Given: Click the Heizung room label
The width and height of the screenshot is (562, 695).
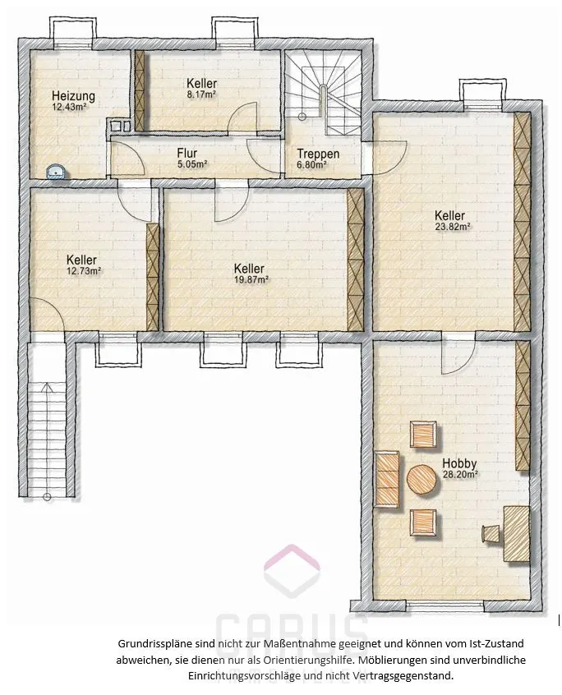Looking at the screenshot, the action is pyautogui.click(x=73, y=96).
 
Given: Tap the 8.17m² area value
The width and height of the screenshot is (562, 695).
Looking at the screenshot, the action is pyautogui.click(x=201, y=94).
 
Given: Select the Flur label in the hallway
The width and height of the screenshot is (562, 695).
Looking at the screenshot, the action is pyautogui.click(x=187, y=154).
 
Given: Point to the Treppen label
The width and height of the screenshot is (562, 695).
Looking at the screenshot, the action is pyautogui.click(x=318, y=154).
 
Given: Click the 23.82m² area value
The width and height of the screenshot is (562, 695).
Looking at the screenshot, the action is pyautogui.click(x=452, y=227).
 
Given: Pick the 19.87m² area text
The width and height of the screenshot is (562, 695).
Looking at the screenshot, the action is pyautogui.click(x=251, y=279).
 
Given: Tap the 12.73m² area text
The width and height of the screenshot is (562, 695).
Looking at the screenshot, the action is pyautogui.click(x=84, y=271).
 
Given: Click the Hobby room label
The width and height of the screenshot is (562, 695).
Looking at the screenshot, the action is pyautogui.click(x=459, y=463).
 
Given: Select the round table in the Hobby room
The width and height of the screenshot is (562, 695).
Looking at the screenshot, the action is pyautogui.click(x=424, y=480).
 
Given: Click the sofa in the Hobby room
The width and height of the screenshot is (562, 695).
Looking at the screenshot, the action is pyautogui.click(x=386, y=479).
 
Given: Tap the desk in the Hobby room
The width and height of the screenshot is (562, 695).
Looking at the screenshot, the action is pyautogui.click(x=517, y=534).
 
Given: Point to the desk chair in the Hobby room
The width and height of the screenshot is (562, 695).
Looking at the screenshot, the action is pyautogui.click(x=491, y=533).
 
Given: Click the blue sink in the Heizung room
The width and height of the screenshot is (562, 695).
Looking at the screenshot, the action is pyautogui.click(x=57, y=172).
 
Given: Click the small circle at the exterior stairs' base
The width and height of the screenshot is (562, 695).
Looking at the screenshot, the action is pyautogui.click(x=47, y=497).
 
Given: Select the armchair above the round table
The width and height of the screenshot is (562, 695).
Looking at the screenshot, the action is pyautogui.click(x=423, y=435).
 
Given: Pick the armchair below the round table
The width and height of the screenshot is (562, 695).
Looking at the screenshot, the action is pyautogui.click(x=423, y=522).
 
